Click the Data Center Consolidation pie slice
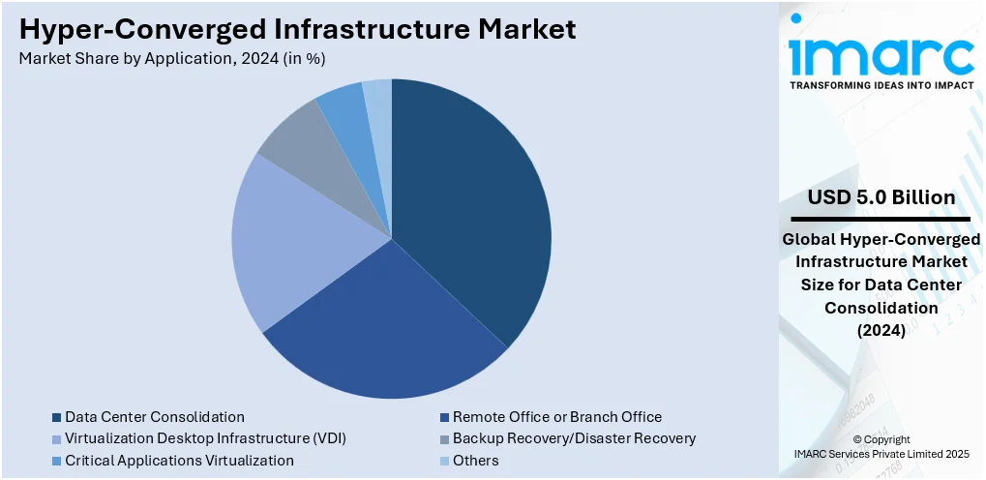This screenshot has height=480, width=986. (474, 203)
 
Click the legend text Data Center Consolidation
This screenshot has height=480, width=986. (155, 417)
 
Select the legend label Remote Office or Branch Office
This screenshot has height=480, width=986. (557, 417)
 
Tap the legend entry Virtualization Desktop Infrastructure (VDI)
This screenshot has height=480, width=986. (205, 438)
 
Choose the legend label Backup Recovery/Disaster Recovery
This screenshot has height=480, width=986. (575, 438)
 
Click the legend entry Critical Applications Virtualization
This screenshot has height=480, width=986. (179, 461)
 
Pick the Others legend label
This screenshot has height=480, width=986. (476, 461)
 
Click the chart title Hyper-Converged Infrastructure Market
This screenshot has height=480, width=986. (298, 29)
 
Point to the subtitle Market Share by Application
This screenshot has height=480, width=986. (172, 58)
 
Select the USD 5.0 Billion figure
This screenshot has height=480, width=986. (881, 197)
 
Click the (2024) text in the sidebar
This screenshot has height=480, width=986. (881, 330)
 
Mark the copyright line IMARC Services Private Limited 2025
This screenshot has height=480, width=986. (881, 453)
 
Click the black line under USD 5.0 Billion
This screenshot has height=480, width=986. (881, 219)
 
